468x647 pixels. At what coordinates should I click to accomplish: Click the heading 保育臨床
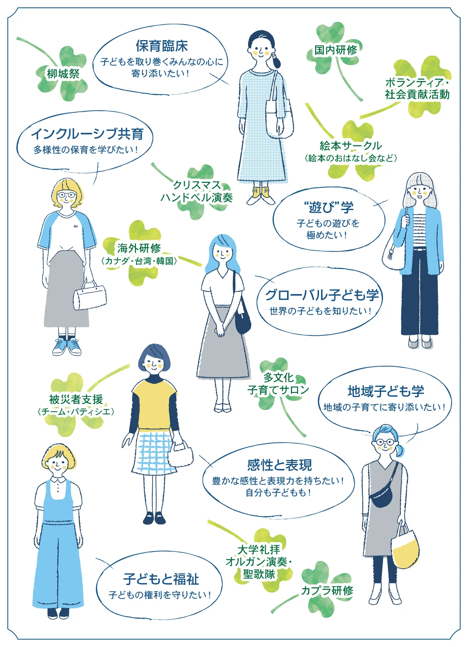pyautogui.click(x=161, y=46)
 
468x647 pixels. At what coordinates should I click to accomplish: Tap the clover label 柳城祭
pyautogui.click(x=63, y=73)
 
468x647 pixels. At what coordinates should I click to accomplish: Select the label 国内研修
pyautogui.click(x=336, y=50)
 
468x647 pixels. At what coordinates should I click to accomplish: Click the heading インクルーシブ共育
pyautogui.click(x=87, y=134)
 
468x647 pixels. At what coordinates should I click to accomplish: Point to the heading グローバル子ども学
pyautogui.click(x=322, y=295)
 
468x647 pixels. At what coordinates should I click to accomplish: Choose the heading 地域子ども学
pyautogui.click(x=386, y=391)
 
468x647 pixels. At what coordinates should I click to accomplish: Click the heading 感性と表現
pyautogui.click(x=279, y=465)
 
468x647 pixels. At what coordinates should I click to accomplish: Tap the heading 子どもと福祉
pyautogui.click(x=161, y=579)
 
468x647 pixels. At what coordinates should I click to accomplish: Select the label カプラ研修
pyautogui.click(x=327, y=591)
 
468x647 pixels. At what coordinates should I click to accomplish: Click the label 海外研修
pyautogui.click(x=139, y=248)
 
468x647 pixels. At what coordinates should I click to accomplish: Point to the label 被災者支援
pyautogui.click(x=76, y=399)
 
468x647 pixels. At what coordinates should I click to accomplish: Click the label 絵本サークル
pyautogui.click(x=351, y=146)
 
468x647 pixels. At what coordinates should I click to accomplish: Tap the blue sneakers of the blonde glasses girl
pyautogui.click(x=67, y=346)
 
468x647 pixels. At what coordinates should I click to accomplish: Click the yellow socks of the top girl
pyautogui.click(x=261, y=192)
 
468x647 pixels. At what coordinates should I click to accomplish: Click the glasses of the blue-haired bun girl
pyautogui.click(x=385, y=442)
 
